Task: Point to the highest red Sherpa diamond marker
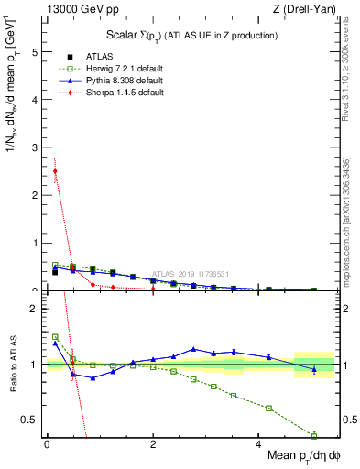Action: click(x=55, y=170)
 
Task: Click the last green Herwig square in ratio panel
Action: click(x=314, y=435)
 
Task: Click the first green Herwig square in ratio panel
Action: click(x=55, y=336)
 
